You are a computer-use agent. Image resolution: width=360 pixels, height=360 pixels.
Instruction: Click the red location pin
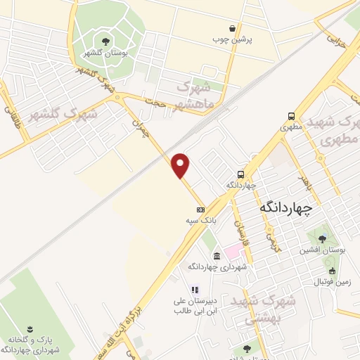181,165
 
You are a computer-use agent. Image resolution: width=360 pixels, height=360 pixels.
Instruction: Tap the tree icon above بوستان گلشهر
105,41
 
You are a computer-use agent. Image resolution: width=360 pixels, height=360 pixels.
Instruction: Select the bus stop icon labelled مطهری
290,117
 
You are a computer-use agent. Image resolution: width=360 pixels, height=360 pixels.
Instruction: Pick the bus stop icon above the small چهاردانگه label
241,174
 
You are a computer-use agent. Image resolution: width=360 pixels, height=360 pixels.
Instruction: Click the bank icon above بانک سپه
200,210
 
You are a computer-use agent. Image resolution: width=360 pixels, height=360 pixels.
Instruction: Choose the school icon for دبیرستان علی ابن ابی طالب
195,289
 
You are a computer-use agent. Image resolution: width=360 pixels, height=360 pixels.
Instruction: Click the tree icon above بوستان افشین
323,239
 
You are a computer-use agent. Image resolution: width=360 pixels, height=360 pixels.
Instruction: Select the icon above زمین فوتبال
332,271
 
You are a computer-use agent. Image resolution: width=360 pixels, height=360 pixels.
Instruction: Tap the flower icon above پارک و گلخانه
30,329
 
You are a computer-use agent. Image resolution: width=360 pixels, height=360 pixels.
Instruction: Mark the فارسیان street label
240,229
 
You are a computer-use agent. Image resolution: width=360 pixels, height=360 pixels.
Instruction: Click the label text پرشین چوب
233,39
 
